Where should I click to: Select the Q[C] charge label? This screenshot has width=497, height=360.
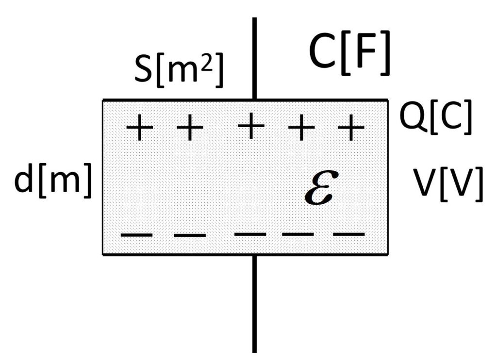tap(435, 119)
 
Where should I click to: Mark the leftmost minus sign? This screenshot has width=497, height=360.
tap(136, 235)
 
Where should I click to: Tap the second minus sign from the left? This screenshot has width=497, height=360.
tap(190, 236)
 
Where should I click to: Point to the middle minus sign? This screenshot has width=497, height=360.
tap(250, 234)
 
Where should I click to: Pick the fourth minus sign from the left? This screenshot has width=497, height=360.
tap(298, 235)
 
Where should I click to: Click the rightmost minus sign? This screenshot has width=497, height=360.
tap(348, 235)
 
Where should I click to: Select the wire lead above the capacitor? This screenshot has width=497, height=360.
tap(254, 58)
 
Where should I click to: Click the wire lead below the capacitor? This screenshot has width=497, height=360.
tap(254, 303)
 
